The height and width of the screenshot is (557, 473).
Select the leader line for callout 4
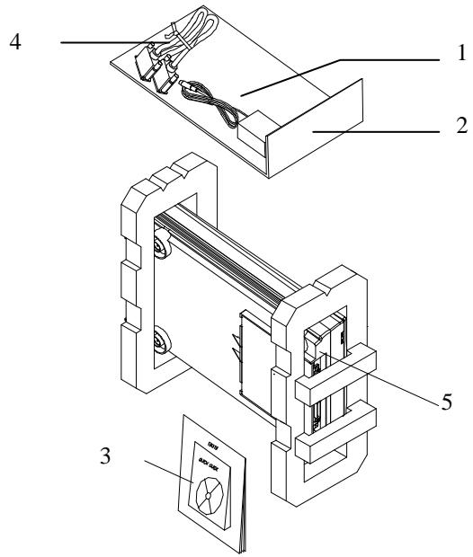click(x=99, y=40)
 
